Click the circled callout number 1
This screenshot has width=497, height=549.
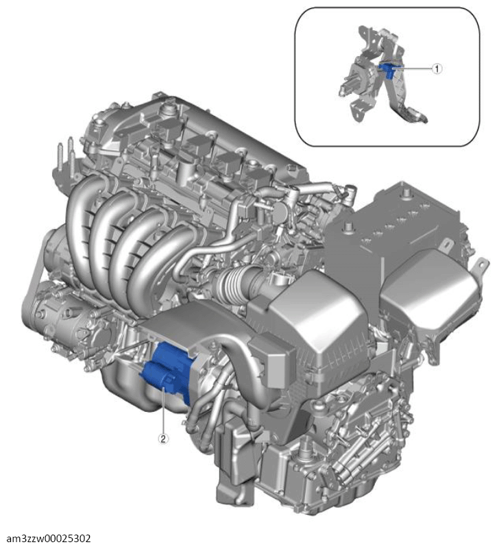click(437, 69)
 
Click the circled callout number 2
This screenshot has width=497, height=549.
click(163, 438)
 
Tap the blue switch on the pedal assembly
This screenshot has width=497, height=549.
click(387, 69)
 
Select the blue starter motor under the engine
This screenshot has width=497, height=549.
click(167, 371)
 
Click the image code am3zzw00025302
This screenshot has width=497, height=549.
click(49, 538)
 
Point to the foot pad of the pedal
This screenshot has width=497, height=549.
click(415, 117)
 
